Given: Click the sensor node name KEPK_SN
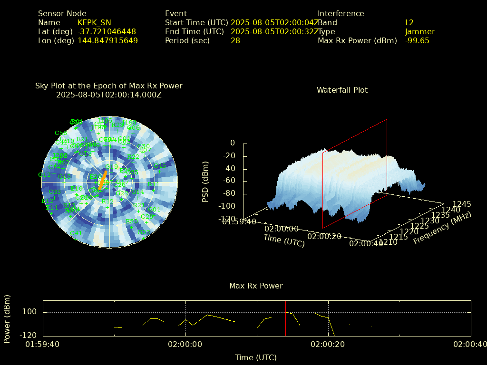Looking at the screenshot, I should click(x=94, y=23).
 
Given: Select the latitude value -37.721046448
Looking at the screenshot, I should click(x=107, y=32).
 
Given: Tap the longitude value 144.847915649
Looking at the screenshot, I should click(x=107, y=41).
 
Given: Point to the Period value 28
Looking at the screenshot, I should click(x=235, y=41).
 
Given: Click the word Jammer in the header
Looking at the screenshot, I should click(x=420, y=32).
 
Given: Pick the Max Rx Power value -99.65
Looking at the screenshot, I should click(x=417, y=41).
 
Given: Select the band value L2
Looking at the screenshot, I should click(x=409, y=23).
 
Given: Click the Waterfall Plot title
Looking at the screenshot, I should click(x=342, y=90).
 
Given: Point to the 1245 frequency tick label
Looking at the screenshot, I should click(x=462, y=204).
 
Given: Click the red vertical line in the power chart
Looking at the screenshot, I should click(x=285, y=323).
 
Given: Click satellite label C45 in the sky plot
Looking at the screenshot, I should click(x=160, y=166).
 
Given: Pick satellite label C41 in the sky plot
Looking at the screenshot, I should click(x=75, y=233).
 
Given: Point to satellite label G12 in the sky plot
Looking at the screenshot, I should click(x=44, y=175).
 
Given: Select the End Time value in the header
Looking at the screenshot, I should click(x=275, y=32).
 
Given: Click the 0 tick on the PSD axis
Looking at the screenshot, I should click(x=233, y=143).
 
